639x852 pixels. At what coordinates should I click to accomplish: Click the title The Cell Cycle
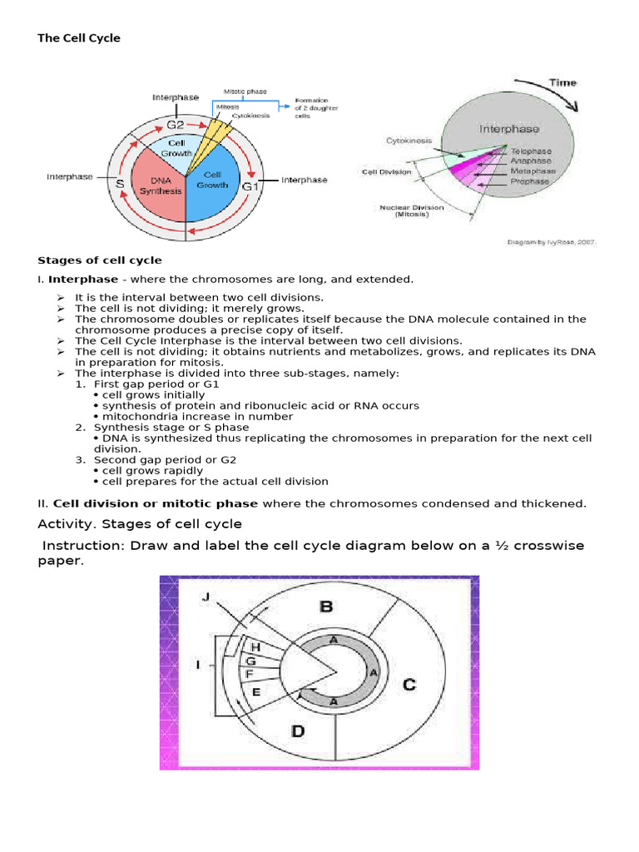79,38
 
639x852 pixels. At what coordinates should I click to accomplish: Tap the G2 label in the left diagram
175,125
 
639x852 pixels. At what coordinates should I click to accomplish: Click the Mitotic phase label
244,91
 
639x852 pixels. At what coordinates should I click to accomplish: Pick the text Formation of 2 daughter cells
314,109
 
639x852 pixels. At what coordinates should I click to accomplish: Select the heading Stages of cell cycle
100,260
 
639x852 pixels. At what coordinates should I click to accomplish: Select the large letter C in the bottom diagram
409,686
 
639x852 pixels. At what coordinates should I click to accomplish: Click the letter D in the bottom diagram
298,732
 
